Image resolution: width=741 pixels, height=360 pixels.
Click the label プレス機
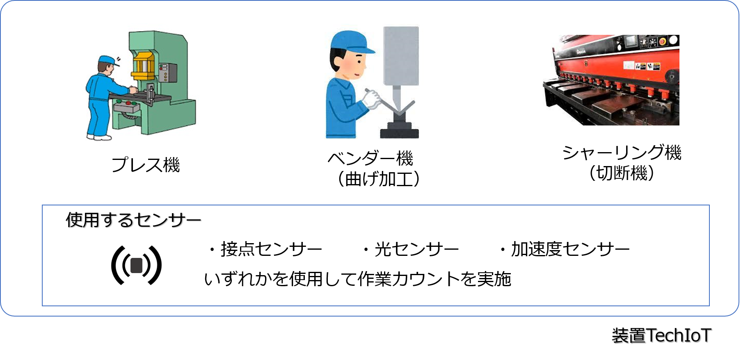point(146,165)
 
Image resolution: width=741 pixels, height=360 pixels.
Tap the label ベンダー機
point(370,158)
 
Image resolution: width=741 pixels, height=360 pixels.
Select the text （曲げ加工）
point(378,179)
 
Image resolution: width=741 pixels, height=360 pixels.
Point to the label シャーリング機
point(622,153)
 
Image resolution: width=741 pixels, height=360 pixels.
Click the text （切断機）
point(622,173)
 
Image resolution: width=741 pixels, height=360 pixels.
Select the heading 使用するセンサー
point(133,220)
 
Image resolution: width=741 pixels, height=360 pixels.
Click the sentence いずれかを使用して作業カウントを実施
point(357,279)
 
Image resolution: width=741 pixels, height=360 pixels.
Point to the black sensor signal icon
point(137,265)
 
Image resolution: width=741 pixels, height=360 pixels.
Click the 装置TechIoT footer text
point(661,335)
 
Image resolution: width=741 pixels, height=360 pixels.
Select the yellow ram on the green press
point(144,66)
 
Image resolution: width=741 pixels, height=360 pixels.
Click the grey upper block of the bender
point(401,55)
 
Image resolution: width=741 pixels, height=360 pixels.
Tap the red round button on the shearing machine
point(661,41)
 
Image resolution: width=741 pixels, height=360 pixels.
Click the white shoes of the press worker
point(99,137)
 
